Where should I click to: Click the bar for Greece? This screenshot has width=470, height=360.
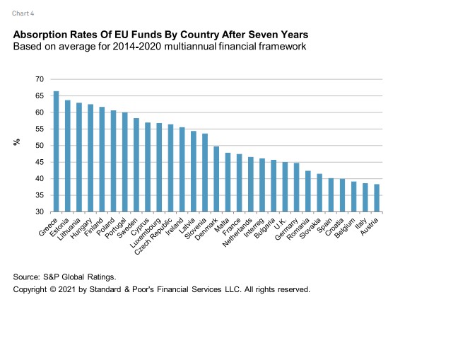coord(56,151)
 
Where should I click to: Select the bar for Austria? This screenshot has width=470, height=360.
coord(377,198)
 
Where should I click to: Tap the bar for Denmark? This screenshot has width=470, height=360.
coord(216,179)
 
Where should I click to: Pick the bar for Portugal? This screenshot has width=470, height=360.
coord(124,162)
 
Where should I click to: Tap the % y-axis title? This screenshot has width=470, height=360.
coord(16,142)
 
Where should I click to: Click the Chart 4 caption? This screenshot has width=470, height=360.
coord(23,13)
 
